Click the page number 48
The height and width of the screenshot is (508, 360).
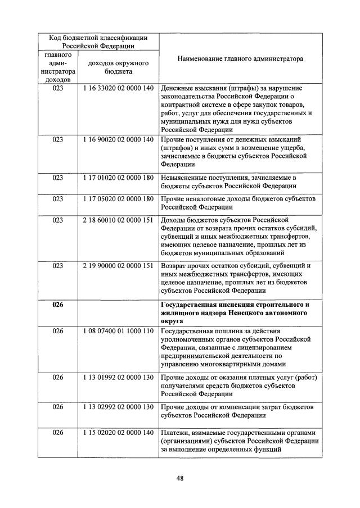coord(180,478)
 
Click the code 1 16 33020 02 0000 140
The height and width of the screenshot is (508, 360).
coord(118,89)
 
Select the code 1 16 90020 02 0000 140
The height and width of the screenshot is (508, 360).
coord(118,139)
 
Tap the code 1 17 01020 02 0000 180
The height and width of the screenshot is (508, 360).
coord(118,178)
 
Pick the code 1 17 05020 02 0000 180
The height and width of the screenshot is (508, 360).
coord(118,199)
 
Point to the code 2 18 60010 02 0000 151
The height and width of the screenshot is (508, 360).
coord(118,220)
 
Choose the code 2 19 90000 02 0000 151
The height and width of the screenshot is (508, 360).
coord(118,265)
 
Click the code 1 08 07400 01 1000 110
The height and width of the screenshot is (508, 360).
coord(118,331)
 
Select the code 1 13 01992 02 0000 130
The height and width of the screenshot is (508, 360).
coord(118,377)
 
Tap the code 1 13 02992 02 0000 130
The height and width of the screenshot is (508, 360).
coord(118,406)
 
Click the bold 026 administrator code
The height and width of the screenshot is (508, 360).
coord(58,305)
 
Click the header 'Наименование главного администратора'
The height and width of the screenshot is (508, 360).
coord(240,58)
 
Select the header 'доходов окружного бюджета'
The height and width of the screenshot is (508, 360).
coord(118,67)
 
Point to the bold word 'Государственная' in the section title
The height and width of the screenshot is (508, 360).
coord(188,305)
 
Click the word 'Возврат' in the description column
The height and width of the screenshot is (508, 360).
coord(174,265)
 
